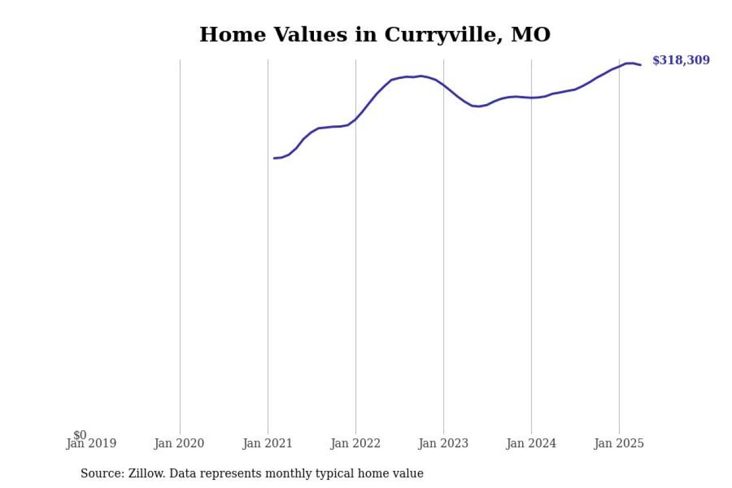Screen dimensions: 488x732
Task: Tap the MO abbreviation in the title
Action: (x=531, y=35)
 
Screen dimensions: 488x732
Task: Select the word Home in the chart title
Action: (x=225, y=35)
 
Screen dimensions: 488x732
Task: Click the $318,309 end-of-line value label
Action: (x=681, y=60)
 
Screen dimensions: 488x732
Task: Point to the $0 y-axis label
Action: (x=79, y=435)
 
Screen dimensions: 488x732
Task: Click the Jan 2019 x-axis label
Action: (x=91, y=443)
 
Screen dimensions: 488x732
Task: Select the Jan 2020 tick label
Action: (x=179, y=443)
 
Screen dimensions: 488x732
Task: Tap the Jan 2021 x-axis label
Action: (x=267, y=443)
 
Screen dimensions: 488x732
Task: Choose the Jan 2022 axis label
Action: (x=355, y=443)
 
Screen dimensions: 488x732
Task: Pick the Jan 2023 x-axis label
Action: (x=443, y=443)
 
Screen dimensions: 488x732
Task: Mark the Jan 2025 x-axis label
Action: (x=619, y=443)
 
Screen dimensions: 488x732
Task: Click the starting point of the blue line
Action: (x=274, y=158)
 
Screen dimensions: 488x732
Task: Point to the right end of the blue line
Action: (x=640, y=65)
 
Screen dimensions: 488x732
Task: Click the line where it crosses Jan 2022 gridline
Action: (x=356, y=119)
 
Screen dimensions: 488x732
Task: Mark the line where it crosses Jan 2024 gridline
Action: (x=531, y=98)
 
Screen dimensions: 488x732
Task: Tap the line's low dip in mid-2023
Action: (x=478, y=106)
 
